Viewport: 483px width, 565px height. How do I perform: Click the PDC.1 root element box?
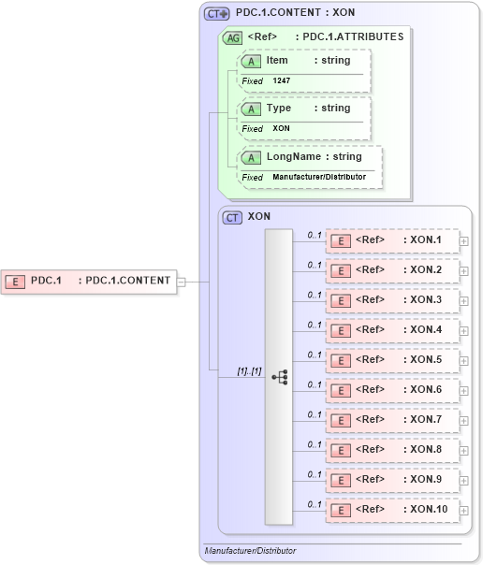(89, 281)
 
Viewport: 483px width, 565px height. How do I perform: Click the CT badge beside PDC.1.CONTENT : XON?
(216, 14)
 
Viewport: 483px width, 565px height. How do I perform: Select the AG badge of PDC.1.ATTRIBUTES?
(231, 37)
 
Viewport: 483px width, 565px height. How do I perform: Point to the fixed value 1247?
(283, 81)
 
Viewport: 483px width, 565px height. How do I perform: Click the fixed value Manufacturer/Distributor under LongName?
(318, 177)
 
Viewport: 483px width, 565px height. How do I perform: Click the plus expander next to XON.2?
(464, 270)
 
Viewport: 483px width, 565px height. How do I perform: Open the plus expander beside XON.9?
(464, 480)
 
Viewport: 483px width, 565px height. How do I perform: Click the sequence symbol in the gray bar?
(279, 376)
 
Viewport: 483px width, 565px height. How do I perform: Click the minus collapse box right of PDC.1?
(182, 281)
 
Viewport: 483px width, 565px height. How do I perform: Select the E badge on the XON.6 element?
(343, 390)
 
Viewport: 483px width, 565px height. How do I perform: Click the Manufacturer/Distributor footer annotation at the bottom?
(249, 551)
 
